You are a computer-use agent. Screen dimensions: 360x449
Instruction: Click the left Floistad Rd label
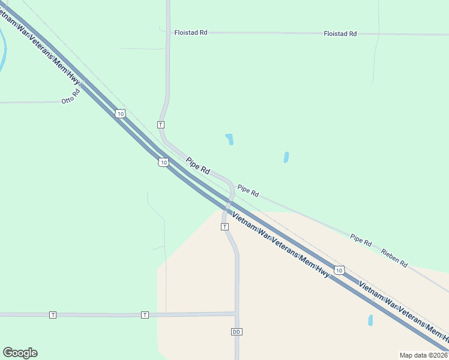pos(190,32)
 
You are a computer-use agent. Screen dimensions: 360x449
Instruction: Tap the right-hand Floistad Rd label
pos(340,34)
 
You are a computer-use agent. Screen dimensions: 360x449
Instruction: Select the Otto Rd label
pos(71,97)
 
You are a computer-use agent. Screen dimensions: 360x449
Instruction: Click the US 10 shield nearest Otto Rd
pos(121,113)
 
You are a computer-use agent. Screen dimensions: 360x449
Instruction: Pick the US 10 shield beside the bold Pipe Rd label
pos(163,162)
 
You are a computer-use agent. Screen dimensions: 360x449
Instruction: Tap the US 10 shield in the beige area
pos(340,271)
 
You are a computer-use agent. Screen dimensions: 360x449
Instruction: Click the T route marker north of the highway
pos(160,124)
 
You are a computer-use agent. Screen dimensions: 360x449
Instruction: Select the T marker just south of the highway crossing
pos(224,227)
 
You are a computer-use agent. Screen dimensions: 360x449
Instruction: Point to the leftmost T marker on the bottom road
pos(53,314)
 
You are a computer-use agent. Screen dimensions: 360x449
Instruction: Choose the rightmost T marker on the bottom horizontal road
pos(145,314)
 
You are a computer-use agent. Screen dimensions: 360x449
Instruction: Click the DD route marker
pos(236,332)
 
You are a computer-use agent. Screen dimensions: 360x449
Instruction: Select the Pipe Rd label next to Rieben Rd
pos(361,239)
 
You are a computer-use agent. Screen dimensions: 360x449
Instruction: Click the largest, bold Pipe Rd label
pos(197,166)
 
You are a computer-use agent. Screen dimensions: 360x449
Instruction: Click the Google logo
pos(20,353)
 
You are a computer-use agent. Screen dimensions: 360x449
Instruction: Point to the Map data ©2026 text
pos(423,355)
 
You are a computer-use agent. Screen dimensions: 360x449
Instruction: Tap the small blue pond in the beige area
pos(370,320)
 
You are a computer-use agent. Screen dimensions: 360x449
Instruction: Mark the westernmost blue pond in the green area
pos(229,139)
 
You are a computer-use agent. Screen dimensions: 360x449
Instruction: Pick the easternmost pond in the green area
pos(286,157)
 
